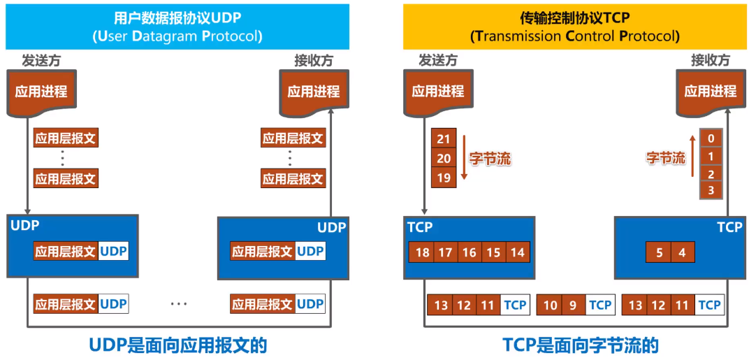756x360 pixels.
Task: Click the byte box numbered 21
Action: point(443,139)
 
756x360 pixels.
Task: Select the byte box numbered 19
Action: point(443,178)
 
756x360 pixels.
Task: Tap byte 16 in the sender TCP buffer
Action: point(469,252)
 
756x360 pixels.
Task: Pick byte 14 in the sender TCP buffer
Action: point(517,252)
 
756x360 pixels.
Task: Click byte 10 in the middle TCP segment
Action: point(551,305)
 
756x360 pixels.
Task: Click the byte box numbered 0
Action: point(711,138)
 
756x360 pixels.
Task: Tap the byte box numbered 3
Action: point(711,190)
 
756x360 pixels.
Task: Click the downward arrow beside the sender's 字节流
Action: point(463,159)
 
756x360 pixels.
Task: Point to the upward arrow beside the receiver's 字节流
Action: point(692,159)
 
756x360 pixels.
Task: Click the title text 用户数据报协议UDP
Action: point(177,19)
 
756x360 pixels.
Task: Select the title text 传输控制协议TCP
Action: point(575,19)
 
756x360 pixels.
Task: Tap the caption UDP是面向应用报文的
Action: point(178,345)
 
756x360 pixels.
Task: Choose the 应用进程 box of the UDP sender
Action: point(41,92)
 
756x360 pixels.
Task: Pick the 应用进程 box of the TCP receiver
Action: point(710,92)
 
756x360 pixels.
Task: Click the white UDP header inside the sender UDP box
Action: point(114,252)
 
